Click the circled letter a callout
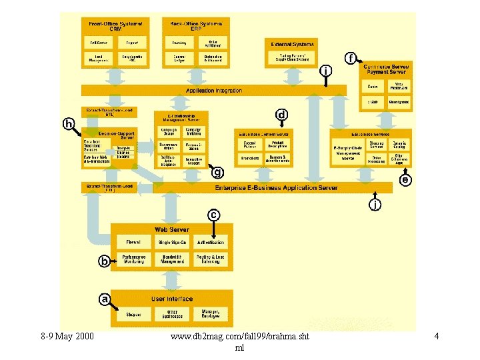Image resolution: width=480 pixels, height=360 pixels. point(105,299)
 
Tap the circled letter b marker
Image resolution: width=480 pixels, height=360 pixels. point(104,261)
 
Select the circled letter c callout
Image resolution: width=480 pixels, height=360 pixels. point(213,215)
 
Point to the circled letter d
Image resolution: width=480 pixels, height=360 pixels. point(282,115)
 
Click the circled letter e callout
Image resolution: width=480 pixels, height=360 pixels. point(405,180)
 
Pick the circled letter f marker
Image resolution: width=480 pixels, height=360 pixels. point(349,58)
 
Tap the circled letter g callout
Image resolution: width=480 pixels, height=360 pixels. point(217,173)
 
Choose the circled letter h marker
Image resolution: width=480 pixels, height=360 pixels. point(69,123)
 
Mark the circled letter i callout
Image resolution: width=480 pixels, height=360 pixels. point(325,70)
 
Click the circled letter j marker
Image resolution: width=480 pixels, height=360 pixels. point(376,205)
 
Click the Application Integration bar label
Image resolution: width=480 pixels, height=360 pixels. point(214,90)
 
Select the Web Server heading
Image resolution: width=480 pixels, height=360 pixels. point(171,229)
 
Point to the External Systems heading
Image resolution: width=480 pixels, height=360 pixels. point(292,44)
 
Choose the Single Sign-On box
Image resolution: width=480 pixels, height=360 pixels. point(173,242)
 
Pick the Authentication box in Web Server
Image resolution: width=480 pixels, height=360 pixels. point(211,242)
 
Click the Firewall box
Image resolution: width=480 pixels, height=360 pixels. point(133,242)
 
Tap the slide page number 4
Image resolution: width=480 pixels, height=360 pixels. point(436,337)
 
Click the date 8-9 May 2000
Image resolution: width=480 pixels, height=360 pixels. point(67,337)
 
